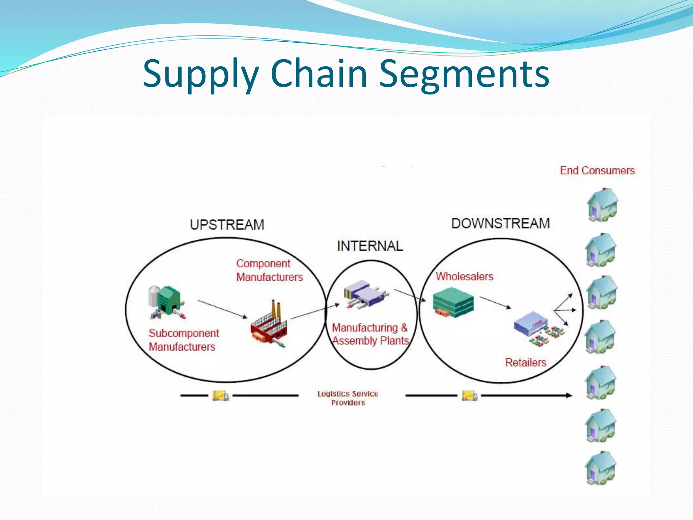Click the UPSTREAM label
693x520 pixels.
(227, 225)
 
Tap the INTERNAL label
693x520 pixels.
(370, 246)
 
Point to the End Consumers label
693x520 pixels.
(597, 170)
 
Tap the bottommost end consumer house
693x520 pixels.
(601, 468)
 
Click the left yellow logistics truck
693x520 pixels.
(220, 395)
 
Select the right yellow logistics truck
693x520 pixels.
(470, 395)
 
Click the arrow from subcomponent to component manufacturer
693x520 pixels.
(223, 309)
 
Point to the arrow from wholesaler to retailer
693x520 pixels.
(495, 303)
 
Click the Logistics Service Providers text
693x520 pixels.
(348, 398)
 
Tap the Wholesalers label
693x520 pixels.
(464, 277)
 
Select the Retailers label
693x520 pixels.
(526, 363)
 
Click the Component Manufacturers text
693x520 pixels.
(269, 270)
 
